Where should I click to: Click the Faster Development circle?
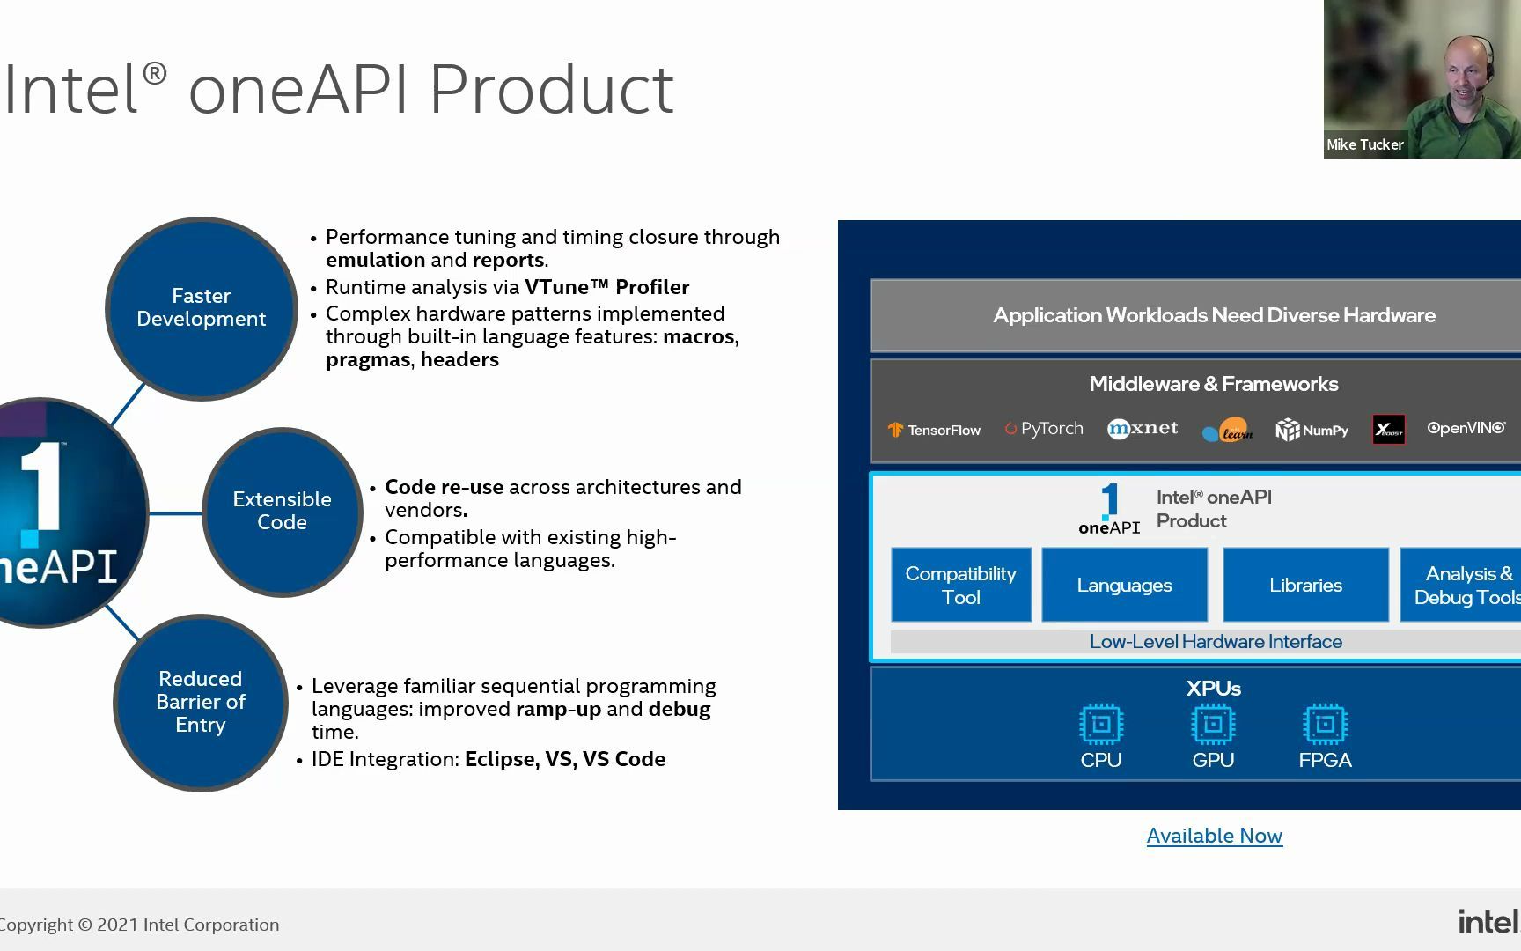(x=202, y=308)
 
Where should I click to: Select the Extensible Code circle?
(x=282, y=511)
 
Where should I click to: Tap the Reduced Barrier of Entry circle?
(x=201, y=702)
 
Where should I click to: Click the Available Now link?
(x=1214, y=836)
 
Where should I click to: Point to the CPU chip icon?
(x=1101, y=725)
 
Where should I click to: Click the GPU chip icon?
(x=1213, y=725)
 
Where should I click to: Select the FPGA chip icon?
(x=1325, y=725)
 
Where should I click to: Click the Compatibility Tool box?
(x=960, y=585)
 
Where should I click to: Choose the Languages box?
(x=1124, y=585)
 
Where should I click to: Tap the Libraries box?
(x=1305, y=585)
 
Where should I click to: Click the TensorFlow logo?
(x=934, y=430)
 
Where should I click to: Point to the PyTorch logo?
(x=1044, y=429)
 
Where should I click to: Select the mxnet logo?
(x=1143, y=429)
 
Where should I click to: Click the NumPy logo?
(x=1312, y=430)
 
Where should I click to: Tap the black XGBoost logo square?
(x=1388, y=430)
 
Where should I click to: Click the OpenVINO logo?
(x=1466, y=428)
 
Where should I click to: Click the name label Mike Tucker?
(x=1364, y=145)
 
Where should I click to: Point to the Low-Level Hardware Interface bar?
(x=1215, y=642)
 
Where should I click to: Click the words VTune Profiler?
(x=606, y=287)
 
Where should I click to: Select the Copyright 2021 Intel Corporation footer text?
(x=139, y=925)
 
